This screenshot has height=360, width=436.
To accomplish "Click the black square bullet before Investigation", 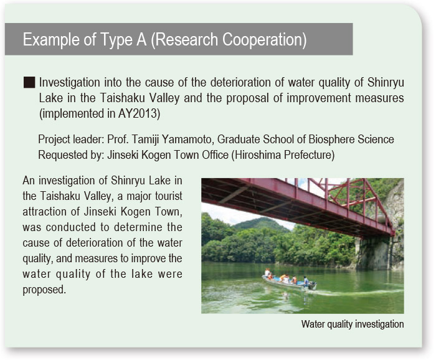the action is tap(29, 83).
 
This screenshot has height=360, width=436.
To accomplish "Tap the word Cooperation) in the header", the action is tap(265, 39).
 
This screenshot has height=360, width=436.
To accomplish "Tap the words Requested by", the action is tap(71, 155).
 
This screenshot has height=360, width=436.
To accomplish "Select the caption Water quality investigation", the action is tap(353, 324).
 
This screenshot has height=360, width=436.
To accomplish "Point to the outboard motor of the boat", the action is tap(312, 285).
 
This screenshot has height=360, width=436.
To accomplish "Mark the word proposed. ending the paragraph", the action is tap(44, 290).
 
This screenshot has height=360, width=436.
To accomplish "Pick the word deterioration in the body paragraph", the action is tap(95, 243).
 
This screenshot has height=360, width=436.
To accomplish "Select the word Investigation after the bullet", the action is tap(69, 83).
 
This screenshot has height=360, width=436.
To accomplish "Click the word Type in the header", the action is tap(116, 40).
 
